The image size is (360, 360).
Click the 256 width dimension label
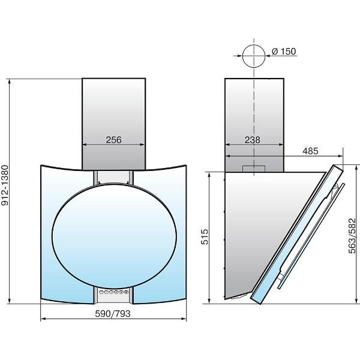(113, 140)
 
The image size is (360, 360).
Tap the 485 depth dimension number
(311, 151)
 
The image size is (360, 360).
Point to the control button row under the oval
(113, 293)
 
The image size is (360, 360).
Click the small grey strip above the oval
(113, 178)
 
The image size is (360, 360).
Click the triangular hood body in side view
(252, 228)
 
